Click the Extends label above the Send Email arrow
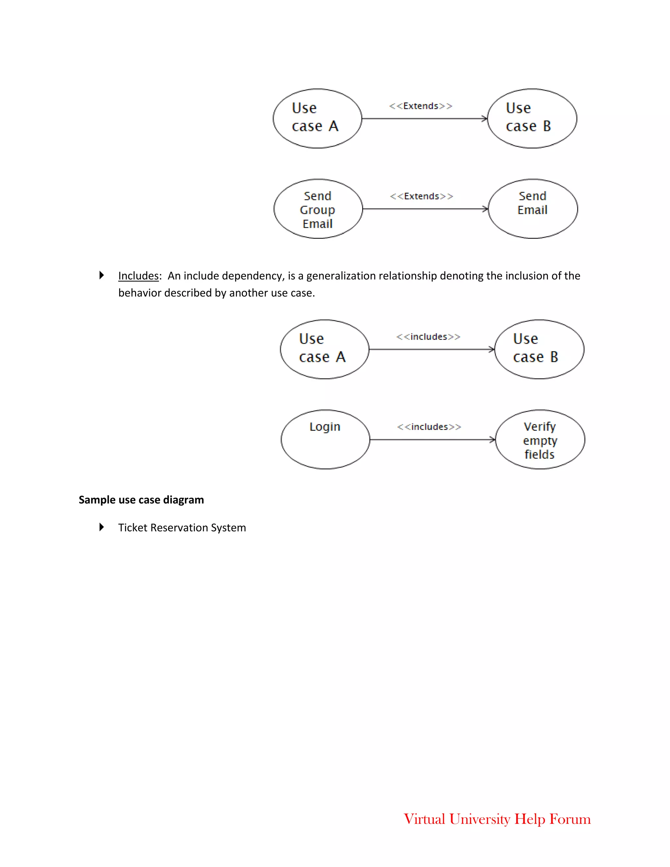421,196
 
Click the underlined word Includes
138,276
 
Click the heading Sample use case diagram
141,500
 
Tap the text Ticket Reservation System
182,528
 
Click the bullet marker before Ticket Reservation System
102,527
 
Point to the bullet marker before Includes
102,275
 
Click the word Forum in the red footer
570,819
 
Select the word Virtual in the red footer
424,819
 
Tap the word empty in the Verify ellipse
540,441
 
